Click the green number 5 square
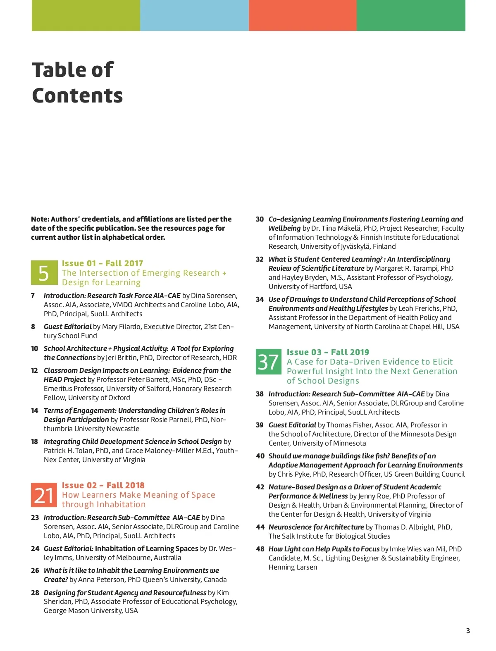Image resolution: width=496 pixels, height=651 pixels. point(44,273)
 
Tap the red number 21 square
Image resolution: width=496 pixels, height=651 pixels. point(44,495)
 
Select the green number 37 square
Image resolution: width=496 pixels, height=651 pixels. point(268,362)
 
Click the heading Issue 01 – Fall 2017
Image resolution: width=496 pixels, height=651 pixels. point(103,263)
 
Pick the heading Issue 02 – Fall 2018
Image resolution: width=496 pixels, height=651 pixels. point(103,485)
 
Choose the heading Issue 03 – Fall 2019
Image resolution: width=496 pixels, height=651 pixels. point(328,352)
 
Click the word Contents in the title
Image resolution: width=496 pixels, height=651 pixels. point(77,95)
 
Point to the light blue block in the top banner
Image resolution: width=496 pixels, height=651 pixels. point(194,15)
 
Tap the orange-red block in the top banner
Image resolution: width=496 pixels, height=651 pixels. point(303,15)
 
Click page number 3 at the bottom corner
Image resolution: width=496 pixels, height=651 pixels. point(468,631)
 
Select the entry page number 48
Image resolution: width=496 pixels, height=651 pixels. point(260,549)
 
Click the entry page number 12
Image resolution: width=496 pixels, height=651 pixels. point(34,370)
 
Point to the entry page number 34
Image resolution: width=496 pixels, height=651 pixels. point(260,299)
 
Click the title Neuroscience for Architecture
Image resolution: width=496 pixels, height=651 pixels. point(316,527)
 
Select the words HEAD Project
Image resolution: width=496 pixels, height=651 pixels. point(64,379)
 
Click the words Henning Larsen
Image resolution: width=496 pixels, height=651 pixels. point(293,567)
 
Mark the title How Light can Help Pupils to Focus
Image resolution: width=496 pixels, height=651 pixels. point(324,549)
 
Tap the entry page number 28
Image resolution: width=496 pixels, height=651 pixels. point(35,593)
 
